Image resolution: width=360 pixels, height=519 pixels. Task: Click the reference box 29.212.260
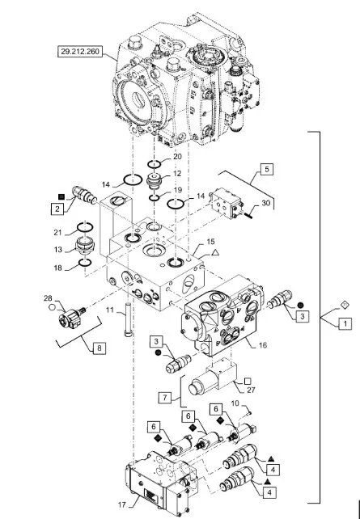pos(80,52)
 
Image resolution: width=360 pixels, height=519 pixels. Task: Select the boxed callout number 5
pos(267,169)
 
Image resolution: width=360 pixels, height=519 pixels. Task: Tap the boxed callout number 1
pos(345,323)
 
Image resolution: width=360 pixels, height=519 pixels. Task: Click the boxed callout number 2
pos(57,209)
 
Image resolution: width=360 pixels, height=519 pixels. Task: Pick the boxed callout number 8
pos(100,348)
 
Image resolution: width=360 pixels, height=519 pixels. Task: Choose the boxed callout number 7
pos(164,397)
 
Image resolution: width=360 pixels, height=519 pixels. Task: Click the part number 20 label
pos(177,157)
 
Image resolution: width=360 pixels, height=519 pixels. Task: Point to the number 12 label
pos(177,173)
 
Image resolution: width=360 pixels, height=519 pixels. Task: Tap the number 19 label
pos(178,190)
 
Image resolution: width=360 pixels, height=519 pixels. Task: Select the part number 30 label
pos(266,203)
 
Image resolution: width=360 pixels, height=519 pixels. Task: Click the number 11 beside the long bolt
pos(110,310)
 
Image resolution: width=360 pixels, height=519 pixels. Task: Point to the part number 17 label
pos(122,504)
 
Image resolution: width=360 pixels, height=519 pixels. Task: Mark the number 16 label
pos(263,345)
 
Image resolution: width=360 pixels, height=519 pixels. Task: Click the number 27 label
pos(251,390)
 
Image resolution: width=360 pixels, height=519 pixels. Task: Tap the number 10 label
pos(235,403)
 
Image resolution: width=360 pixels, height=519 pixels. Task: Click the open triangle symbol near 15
pos(215,253)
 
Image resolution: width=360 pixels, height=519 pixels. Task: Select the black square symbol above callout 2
pos(61,196)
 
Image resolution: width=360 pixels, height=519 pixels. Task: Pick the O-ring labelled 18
pos(85,263)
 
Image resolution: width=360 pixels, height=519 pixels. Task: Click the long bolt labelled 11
pos(128,319)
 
